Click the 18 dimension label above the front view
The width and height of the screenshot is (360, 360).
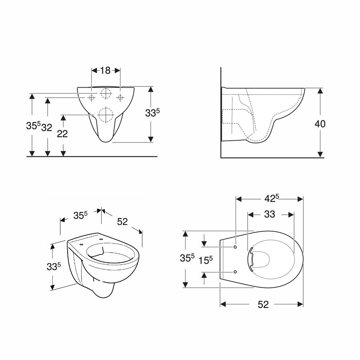coord(105,70)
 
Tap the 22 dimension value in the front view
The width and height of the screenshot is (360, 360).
coord(62,134)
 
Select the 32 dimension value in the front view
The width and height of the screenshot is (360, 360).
coord(47,128)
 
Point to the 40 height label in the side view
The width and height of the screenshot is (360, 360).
coord(320,124)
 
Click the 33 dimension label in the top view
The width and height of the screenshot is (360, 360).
coord(270,214)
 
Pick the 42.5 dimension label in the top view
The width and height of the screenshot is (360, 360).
coord(271,198)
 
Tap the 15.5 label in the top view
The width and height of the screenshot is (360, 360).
coord(206,260)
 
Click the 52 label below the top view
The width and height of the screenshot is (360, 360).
coord(263,304)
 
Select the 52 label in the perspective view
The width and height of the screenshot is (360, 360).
coord(122,222)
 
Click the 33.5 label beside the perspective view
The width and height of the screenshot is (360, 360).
coord(54,266)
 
